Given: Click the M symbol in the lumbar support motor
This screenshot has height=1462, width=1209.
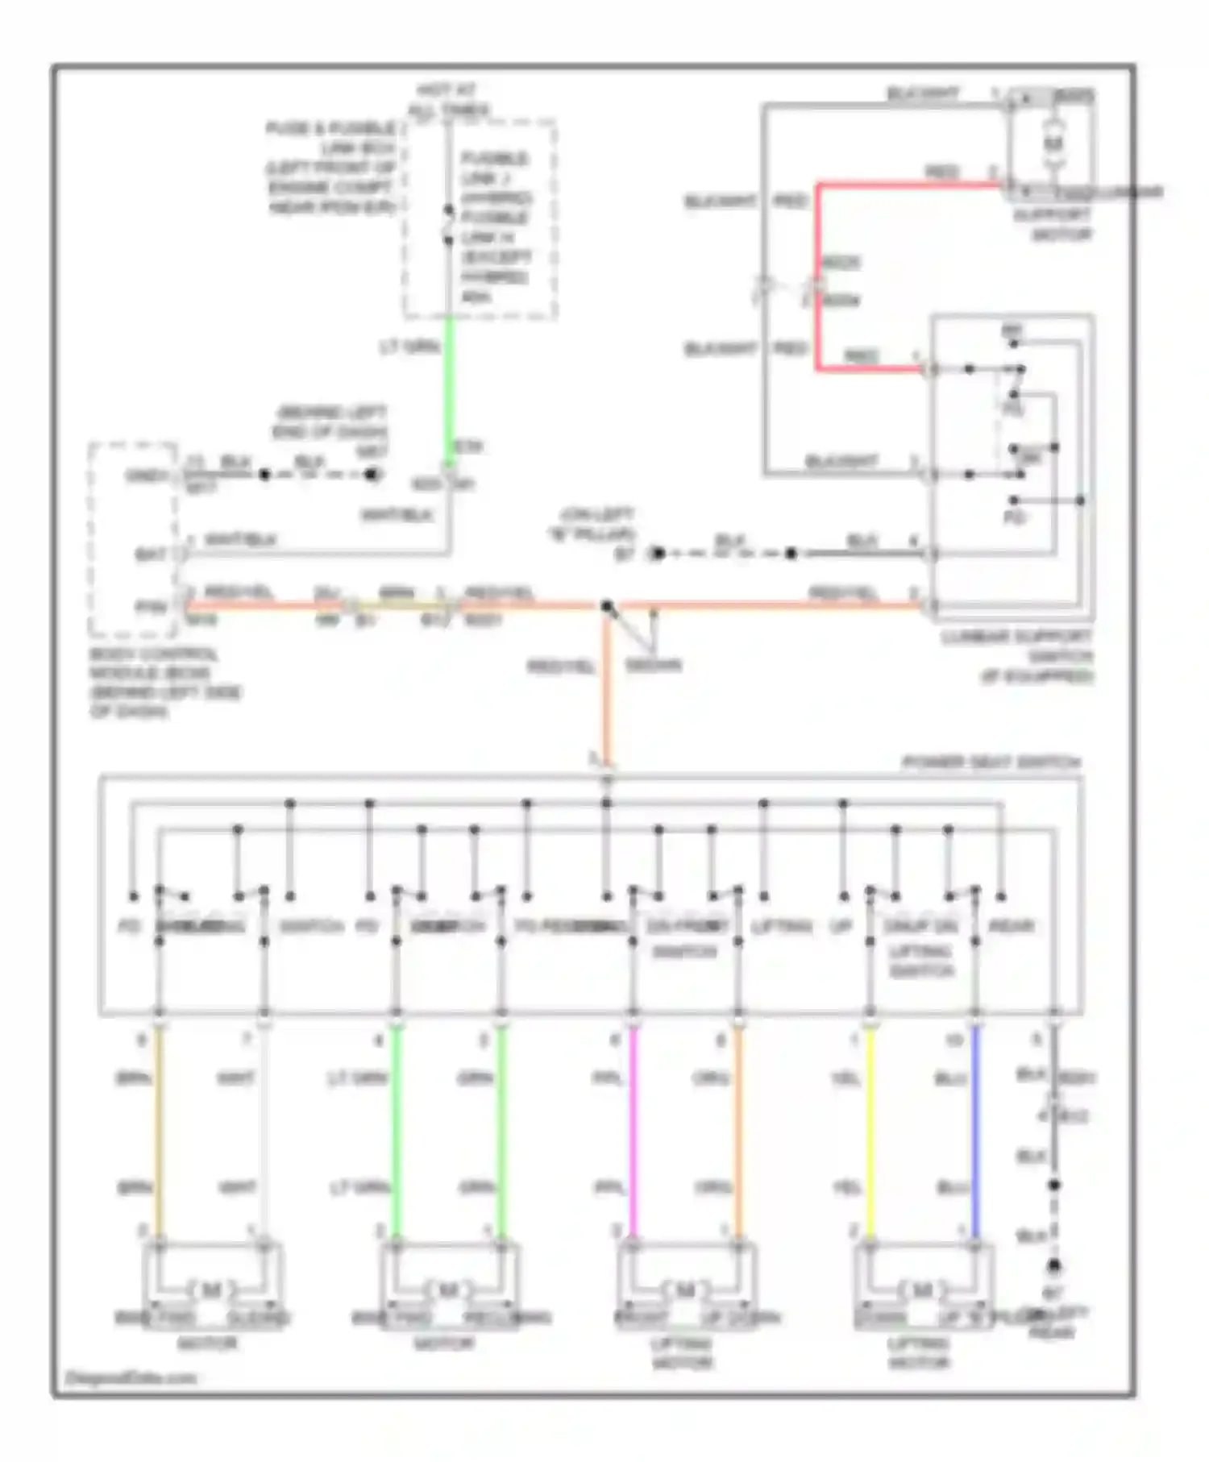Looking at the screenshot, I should coord(1053,143).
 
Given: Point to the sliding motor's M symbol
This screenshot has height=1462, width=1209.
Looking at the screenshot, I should coord(211,1290).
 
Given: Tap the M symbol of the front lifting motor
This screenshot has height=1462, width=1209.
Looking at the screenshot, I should coord(684,1290).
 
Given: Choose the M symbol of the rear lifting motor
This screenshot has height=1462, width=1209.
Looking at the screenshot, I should coord(921,1290).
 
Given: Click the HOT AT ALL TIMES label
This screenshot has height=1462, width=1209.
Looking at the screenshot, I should coord(448,100).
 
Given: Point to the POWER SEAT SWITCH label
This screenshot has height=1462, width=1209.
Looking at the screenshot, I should coord(991,762).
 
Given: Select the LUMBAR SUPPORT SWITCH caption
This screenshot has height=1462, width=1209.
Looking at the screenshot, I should coord(1017,656).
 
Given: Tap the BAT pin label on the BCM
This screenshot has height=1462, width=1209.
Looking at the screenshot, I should coord(151,554).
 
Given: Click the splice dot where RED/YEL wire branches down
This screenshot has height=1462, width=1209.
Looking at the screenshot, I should coord(607,605).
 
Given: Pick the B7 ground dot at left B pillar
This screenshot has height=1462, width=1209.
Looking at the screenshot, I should coord(658,554).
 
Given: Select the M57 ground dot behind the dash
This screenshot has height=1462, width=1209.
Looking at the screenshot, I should coord(372,475).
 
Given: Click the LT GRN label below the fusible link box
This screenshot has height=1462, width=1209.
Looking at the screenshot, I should coord(410,347).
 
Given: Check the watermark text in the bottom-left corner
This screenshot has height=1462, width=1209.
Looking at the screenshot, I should coord(130,1377).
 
